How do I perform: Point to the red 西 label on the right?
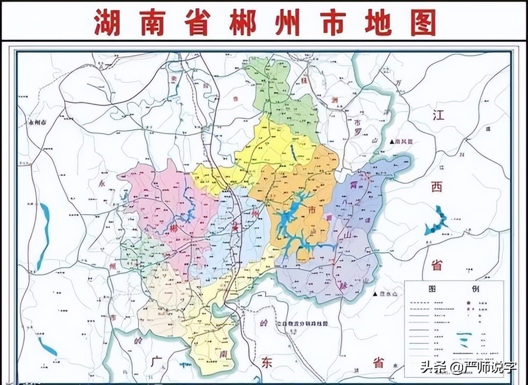click(437, 187)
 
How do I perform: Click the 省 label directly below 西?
click(437, 265)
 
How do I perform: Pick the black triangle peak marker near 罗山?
click(392, 142)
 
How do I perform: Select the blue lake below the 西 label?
click(437, 222)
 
